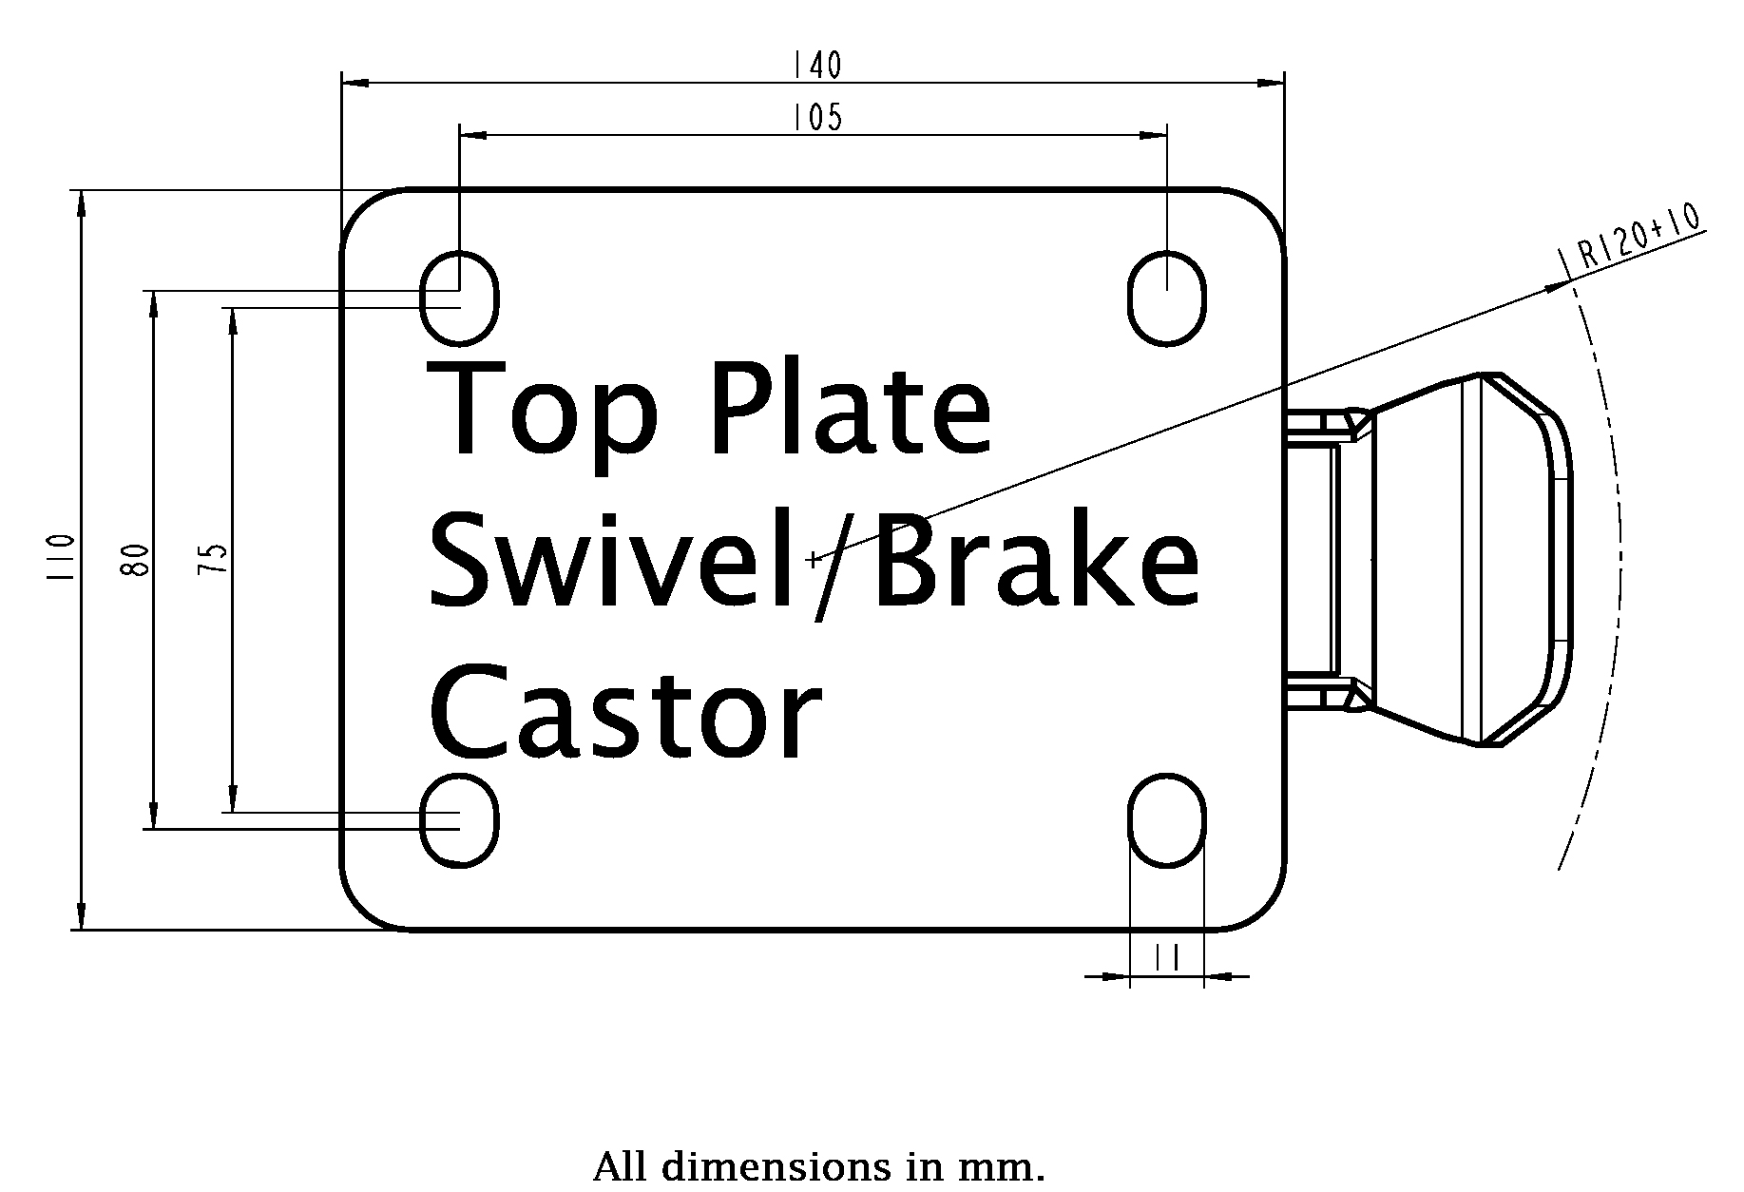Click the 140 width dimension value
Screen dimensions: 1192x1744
point(816,65)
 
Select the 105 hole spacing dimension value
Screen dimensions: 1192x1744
point(816,117)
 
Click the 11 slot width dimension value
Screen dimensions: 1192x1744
point(1167,958)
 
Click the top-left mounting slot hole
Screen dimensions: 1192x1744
point(460,298)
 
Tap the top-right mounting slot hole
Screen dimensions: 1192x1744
point(1167,298)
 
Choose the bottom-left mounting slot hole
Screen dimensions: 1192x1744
point(460,820)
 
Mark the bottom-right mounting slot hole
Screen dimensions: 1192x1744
point(1167,820)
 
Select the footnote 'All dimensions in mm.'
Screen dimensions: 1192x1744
point(818,1165)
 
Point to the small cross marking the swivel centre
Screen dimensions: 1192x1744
point(813,560)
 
